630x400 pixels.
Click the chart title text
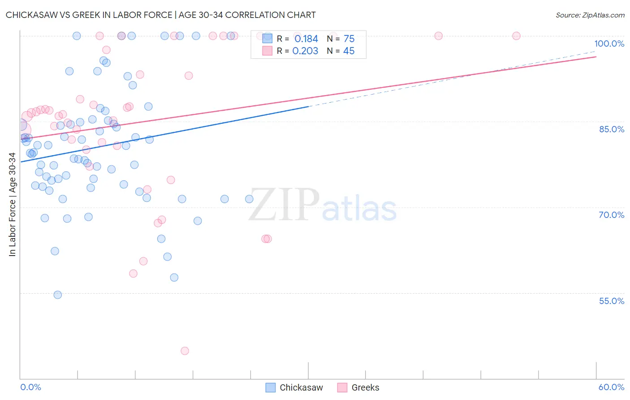click(x=160, y=15)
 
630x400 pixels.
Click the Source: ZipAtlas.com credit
click(x=590, y=15)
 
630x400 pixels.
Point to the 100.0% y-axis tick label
click(x=609, y=43)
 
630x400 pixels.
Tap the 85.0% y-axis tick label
click(x=612, y=129)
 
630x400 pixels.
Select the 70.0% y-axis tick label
click(x=612, y=215)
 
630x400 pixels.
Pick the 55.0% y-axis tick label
click(x=612, y=300)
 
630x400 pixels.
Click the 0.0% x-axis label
click(x=30, y=387)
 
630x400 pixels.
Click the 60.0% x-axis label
click(x=611, y=387)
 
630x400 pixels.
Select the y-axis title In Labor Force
click(x=12, y=204)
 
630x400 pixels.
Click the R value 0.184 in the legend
click(x=306, y=39)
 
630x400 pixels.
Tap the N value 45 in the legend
click(x=349, y=51)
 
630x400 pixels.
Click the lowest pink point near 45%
click(x=185, y=351)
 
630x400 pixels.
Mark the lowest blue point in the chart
click(x=58, y=295)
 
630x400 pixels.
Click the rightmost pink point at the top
click(x=516, y=36)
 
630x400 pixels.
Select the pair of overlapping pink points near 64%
click(x=267, y=239)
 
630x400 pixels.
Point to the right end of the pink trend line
click(x=596, y=57)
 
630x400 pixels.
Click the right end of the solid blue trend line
click(x=308, y=106)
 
